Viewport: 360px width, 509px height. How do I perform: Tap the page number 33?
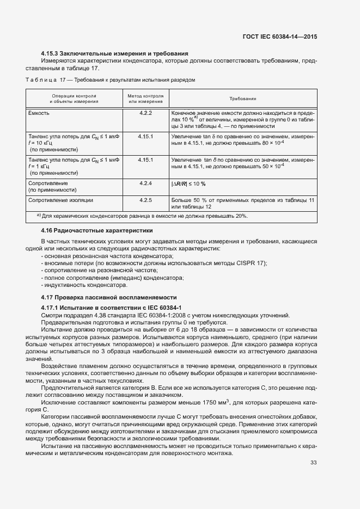click(x=313, y=463)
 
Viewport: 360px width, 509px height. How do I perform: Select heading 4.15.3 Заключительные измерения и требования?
click(x=114, y=53)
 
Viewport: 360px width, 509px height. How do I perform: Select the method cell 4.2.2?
click(x=145, y=113)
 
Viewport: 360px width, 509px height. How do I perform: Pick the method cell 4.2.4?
click(x=145, y=183)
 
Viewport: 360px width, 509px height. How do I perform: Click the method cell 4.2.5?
click(x=145, y=201)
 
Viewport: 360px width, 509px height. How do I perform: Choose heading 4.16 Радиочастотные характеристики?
click(x=97, y=231)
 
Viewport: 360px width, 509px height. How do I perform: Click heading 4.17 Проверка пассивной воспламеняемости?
click(x=109, y=297)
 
